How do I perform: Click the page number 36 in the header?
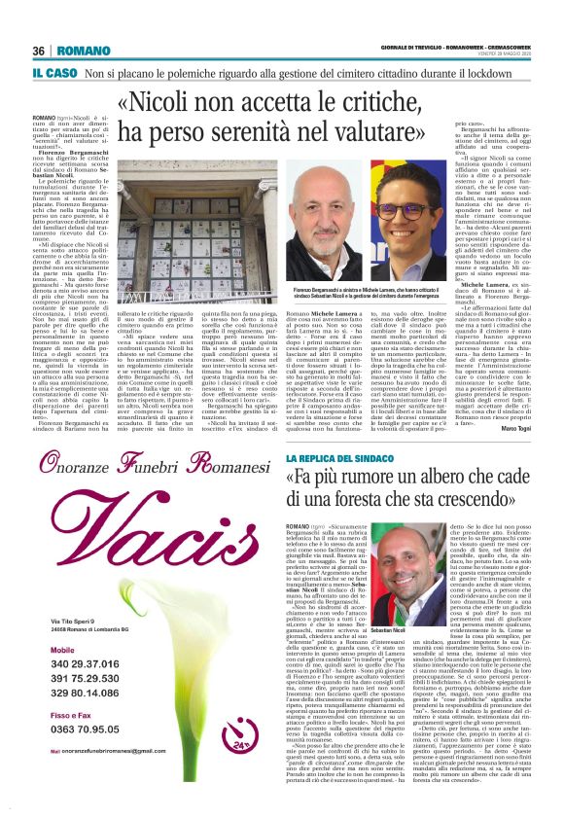coord(39,51)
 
